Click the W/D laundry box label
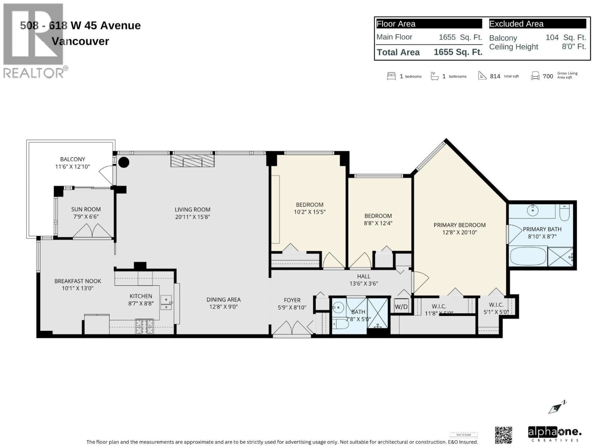(x=401, y=306)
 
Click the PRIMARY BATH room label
(x=542, y=229)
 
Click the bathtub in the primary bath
(x=528, y=257)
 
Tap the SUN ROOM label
(x=86, y=209)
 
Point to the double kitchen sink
(x=166, y=303)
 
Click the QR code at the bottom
(x=503, y=435)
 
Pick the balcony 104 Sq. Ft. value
(x=565, y=37)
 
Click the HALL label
(x=363, y=276)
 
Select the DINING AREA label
(x=223, y=299)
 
